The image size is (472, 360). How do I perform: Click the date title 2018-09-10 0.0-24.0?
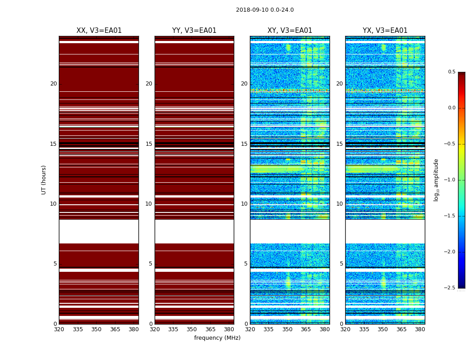[265, 10]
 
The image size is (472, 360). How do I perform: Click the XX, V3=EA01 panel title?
[99, 31]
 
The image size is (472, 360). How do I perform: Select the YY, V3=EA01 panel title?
[194, 31]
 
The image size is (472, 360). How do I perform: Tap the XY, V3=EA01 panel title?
[290, 31]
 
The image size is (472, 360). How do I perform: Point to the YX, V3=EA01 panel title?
[385, 31]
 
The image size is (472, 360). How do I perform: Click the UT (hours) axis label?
[44, 180]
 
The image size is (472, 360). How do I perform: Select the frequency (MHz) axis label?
[217, 338]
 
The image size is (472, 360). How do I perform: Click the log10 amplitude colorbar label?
[436, 180]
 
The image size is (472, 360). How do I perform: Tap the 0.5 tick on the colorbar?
[451, 72]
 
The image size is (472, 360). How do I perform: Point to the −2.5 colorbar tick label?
[450, 288]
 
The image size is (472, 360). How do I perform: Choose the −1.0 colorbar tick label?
[450, 180]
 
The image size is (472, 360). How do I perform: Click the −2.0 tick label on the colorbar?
[450, 252]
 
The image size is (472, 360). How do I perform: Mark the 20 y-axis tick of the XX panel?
[53, 84]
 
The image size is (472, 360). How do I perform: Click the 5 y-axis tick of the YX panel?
[342, 264]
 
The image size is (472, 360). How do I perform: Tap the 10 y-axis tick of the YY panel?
[148, 204]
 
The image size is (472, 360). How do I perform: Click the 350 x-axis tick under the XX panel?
[96, 329]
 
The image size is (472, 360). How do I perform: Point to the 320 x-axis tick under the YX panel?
[345, 329]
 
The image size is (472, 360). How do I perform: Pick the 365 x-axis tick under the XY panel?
[306, 329]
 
